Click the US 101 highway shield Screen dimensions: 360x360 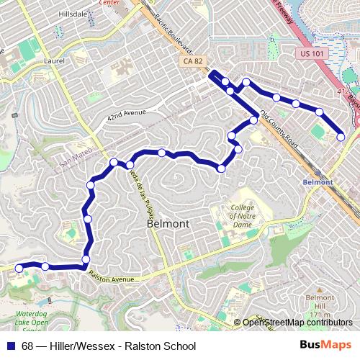point(310,53)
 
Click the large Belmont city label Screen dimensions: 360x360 point(168,223)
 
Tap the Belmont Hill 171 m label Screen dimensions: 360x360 point(318,302)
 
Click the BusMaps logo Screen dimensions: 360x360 point(326,346)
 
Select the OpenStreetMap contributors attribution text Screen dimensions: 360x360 point(297,323)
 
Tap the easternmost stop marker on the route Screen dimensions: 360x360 point(341,137)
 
